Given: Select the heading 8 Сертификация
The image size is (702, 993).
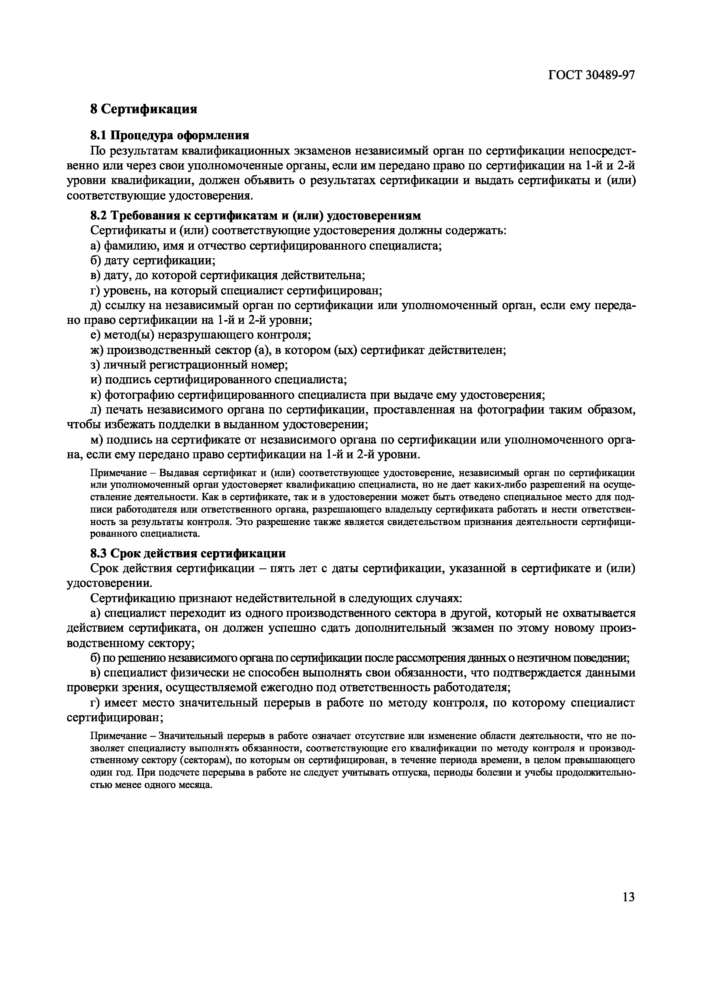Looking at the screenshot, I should click(x=144, y=109).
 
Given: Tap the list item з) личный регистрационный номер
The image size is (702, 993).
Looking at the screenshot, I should click(x=189, y=365).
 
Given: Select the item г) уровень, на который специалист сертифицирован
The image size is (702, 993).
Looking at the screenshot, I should click(x=236, y=290).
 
